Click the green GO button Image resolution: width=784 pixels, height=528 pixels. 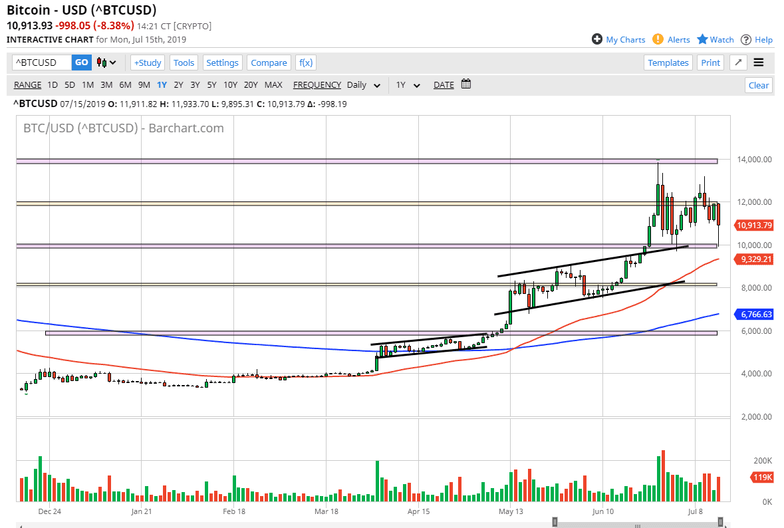pos(82,63)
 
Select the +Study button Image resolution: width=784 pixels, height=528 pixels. pos(147,63)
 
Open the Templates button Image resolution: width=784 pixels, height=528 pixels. pos(668,63)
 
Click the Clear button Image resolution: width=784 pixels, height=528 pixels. pos(758,85)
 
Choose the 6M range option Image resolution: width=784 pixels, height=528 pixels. pos(125,84)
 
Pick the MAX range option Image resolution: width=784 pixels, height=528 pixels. pos(273,84)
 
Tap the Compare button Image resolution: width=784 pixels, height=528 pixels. pos(269,63)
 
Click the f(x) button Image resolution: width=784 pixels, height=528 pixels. pos(306,63)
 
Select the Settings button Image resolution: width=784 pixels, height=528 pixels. pos(222,63)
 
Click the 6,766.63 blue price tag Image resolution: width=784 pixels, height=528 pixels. pos(753,314)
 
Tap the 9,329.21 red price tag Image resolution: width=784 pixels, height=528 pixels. pos(753,259)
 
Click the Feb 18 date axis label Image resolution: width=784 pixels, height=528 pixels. pos(233,511)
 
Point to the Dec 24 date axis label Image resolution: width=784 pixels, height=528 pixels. pos(49,511)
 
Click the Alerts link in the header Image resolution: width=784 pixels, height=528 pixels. pos(678,39)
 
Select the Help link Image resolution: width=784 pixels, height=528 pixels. pos(763,39)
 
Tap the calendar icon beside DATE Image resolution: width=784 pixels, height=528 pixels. pos(466,84)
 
